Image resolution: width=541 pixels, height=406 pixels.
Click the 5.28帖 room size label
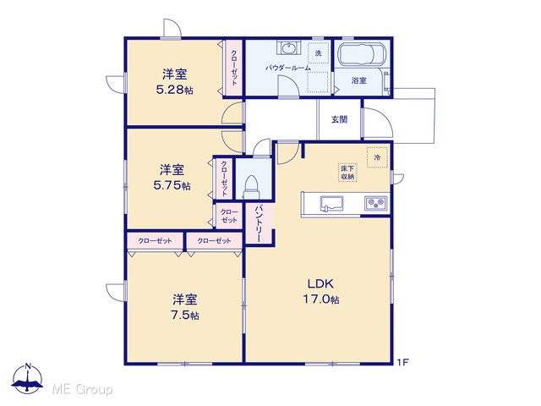175,90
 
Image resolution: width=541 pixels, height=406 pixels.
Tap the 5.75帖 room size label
172,186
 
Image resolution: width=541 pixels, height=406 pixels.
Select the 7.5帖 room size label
185,315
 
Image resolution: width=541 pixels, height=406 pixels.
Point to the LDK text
320,284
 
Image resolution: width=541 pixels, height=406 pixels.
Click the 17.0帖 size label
321,299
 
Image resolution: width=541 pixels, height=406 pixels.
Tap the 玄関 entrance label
339,119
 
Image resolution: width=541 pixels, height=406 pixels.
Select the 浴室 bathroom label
358,81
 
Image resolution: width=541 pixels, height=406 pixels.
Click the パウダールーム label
288,68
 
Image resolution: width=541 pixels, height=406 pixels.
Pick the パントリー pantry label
260,223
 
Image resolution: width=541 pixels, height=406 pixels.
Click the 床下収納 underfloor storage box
347,173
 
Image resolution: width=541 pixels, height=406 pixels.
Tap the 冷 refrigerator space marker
378,157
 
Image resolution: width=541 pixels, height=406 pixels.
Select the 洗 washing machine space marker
318,52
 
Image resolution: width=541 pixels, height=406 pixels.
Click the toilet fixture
251,187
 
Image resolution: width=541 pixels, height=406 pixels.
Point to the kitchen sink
331,203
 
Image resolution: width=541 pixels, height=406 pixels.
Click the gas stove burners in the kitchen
375,203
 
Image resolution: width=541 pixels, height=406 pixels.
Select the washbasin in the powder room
288,47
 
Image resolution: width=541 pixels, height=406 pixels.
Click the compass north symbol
28,378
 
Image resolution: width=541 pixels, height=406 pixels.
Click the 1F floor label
402,362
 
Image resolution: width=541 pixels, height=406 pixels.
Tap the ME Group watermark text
82,390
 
